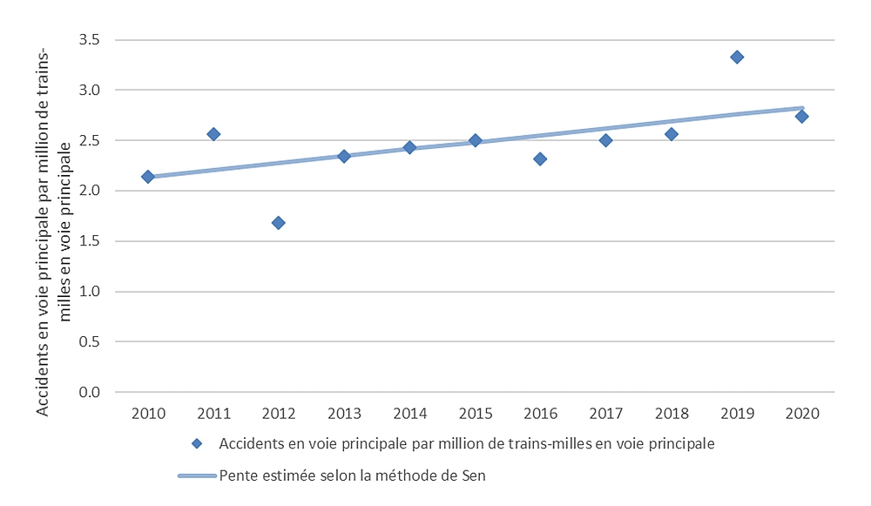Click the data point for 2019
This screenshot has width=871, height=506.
click(737, 57)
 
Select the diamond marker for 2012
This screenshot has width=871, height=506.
click(279, 223)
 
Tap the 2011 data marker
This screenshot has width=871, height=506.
click(213, 134)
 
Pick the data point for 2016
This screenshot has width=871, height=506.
click(540, 159)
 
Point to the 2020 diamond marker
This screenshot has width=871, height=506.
click(802, 117)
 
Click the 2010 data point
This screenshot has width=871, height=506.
click(148, 177)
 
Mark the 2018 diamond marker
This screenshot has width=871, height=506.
click(672, 134)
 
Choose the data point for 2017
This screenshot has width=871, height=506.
click(605, 140)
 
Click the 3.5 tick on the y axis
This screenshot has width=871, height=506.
click(90, 40)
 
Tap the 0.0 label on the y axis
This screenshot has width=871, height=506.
click(90, 392)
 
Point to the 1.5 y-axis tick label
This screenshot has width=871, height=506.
click(90, 241)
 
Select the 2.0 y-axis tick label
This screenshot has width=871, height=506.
click(90, 191)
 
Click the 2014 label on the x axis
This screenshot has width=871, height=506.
click(409, 413)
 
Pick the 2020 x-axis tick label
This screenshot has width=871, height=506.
click(802, 413)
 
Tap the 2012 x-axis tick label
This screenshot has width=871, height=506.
click(279, 413)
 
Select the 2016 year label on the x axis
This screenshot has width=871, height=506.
click(540, 413)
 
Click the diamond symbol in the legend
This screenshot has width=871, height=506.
click(197, 444)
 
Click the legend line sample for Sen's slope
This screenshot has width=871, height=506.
click(197, 476)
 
